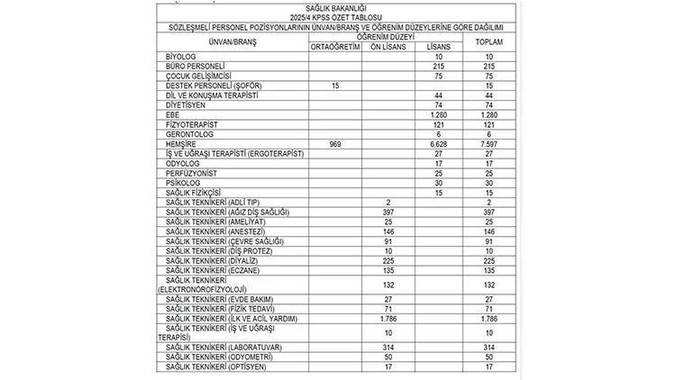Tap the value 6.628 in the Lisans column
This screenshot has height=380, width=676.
tap(438, 145)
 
